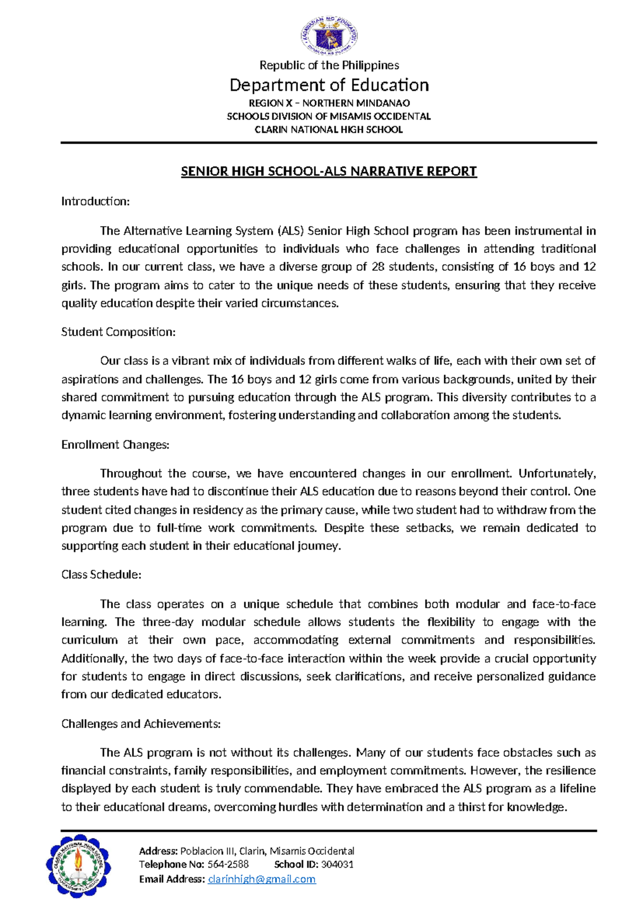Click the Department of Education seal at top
(x=328, y=35)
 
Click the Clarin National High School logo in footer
(x=80, y=866)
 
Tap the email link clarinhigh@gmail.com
(x=261, y=879)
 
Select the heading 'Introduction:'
(x=95, y=202)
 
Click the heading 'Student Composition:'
(x=118, y=332)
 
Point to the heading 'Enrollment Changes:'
(x=115, y=445)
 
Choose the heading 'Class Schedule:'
(x=101, y=575)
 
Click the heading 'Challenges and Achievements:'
(x=141, y=724)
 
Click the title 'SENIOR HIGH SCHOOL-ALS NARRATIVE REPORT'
(x=328, y=172)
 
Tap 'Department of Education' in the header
(x=329, y=85)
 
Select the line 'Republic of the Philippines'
(x=329, y=65)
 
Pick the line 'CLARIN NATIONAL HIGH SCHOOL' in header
(x=328, y=130)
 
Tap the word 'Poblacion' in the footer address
(x=202, y=851)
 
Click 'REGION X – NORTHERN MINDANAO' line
(x=329, y=103)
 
